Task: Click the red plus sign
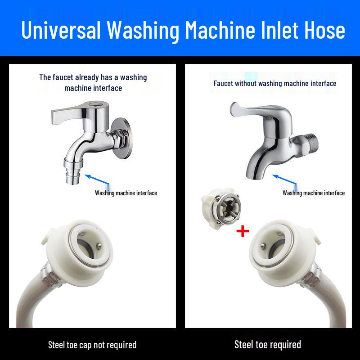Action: coord(243,231)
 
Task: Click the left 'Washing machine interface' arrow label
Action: coord(126,193)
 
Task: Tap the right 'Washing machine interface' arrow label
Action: coord(314,193)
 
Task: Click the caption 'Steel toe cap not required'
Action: coord(92,345)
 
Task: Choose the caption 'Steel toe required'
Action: coord(268,345)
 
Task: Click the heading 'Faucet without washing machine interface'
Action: coord(275,83)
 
